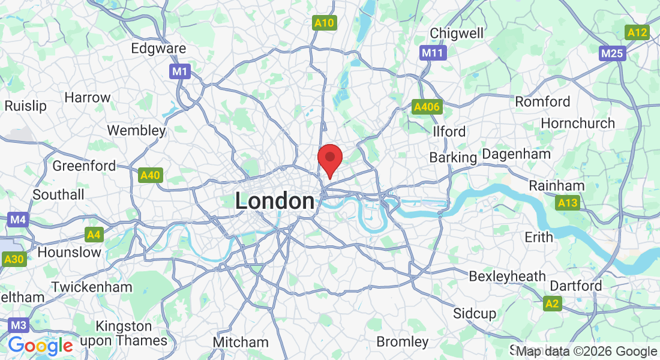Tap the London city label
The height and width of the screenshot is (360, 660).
[275, 201]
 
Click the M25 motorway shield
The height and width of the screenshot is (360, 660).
[613, 54]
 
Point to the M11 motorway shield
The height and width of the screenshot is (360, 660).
[432, 53]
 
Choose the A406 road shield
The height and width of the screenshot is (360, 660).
[427, 107]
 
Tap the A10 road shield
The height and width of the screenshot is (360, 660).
[325, 23]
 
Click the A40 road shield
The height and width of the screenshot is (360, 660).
[150, 175]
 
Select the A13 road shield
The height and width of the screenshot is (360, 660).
[568, 203]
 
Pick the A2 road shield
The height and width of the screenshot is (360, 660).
[552, 304]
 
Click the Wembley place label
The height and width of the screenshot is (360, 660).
[136, 130]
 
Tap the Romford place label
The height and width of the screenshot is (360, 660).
[542, 101]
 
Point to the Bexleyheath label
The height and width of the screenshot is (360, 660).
[507, 277]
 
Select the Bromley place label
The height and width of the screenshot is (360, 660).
[402, 342]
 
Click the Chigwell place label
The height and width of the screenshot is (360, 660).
[457, 33]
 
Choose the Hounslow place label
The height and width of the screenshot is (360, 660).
[70, 252]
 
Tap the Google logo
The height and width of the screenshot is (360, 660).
[40, 346]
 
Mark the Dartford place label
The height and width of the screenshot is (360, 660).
[575, 286]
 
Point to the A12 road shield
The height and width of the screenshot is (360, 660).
[637, 32]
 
